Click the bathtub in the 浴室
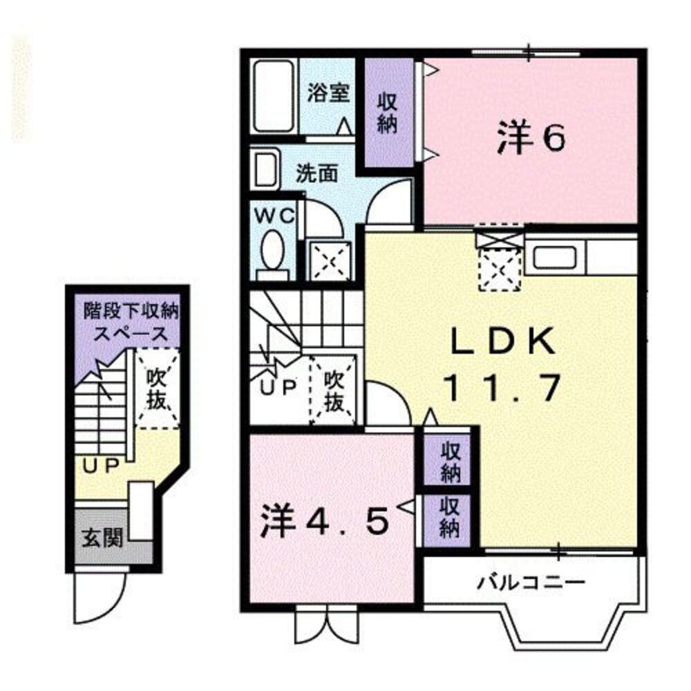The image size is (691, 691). [x=274, y=96]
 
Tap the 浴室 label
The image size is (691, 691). [x=328, y=94]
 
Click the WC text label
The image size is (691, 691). [x=275, y=215]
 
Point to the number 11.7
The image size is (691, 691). [x=501, y=389]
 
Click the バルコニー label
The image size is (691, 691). [x=531, y=582]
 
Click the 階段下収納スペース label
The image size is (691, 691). [x=131, y=321]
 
